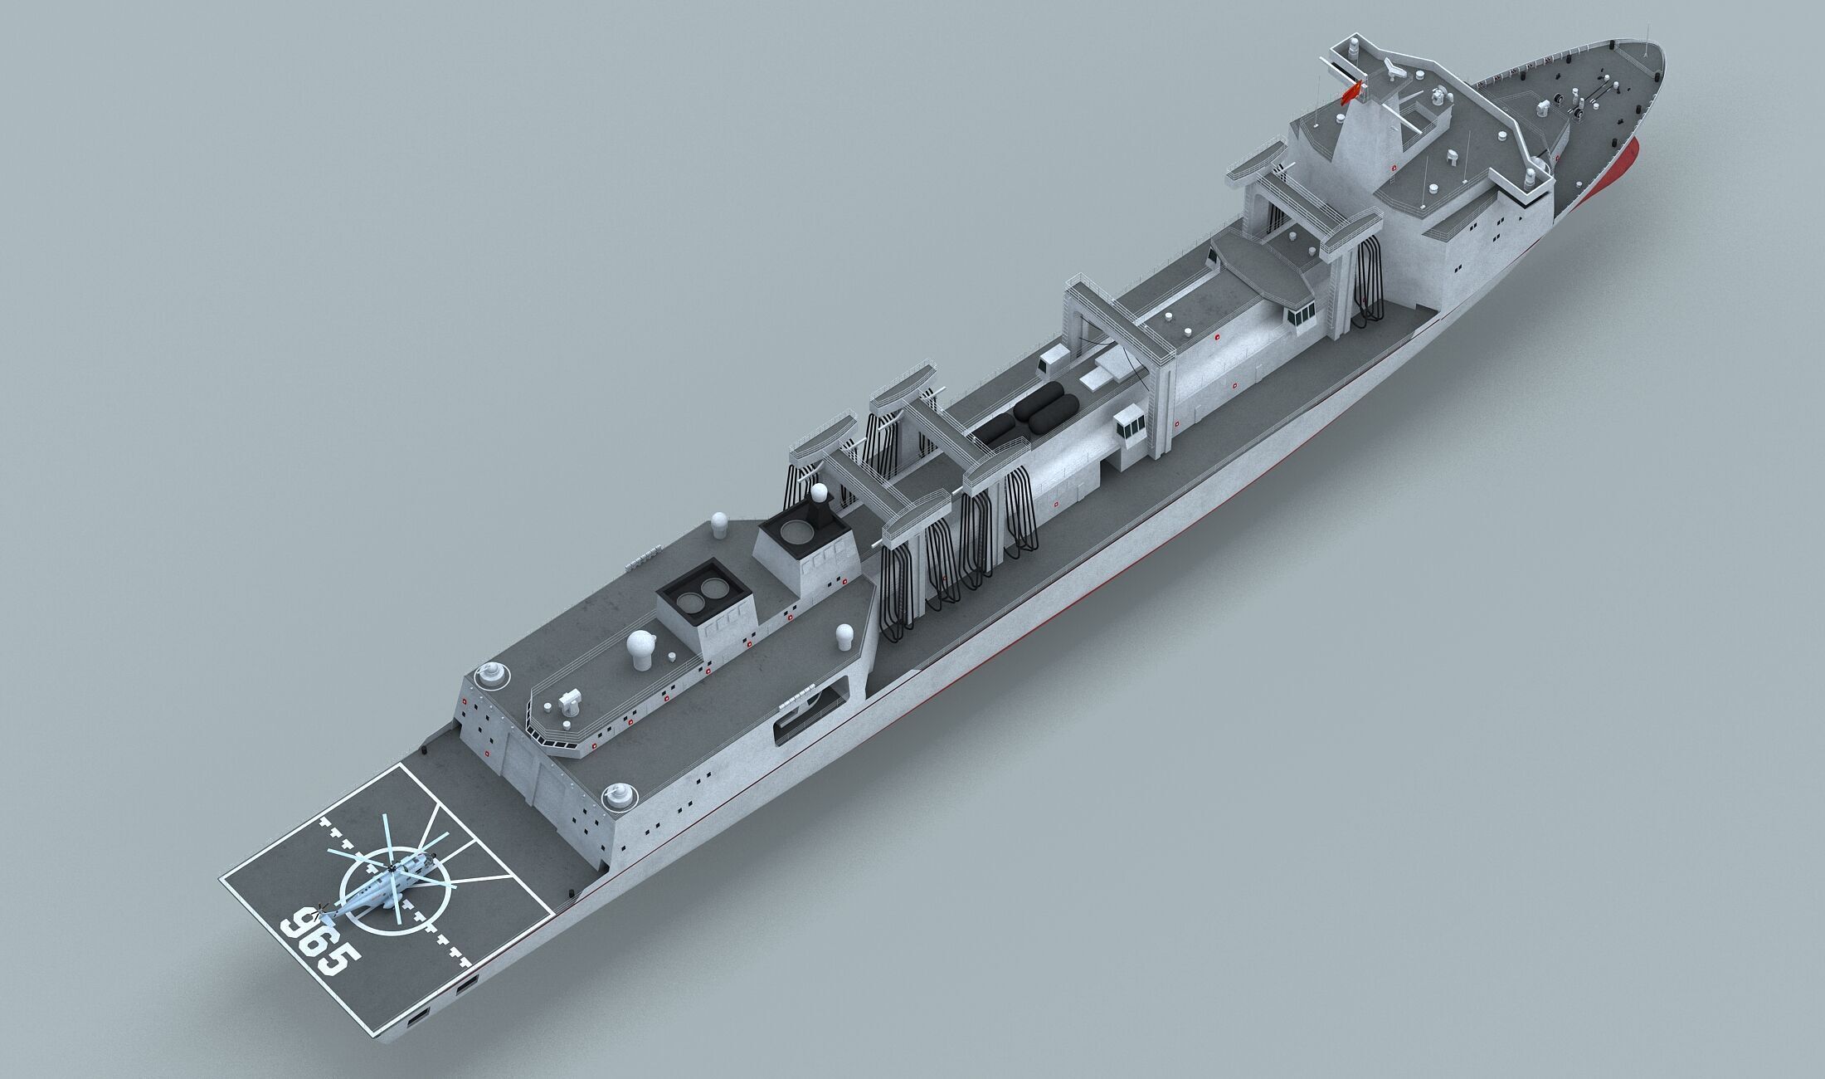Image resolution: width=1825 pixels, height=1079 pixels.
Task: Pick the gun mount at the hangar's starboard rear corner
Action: point(617,797)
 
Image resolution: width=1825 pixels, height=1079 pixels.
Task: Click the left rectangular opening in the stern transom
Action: point(420,1017)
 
